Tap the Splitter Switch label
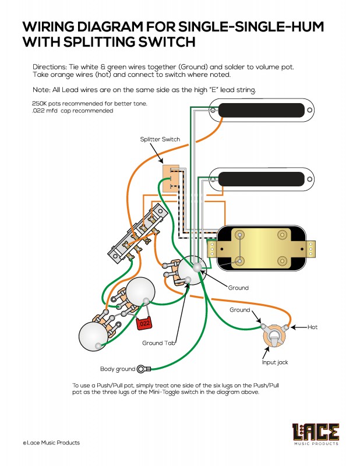click(160, 139)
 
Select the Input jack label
click(274, 362)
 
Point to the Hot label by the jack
click(312, 328)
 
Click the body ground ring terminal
click(144, 369)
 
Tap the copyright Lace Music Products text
click(51, 443)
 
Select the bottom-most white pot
click(94, 336)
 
